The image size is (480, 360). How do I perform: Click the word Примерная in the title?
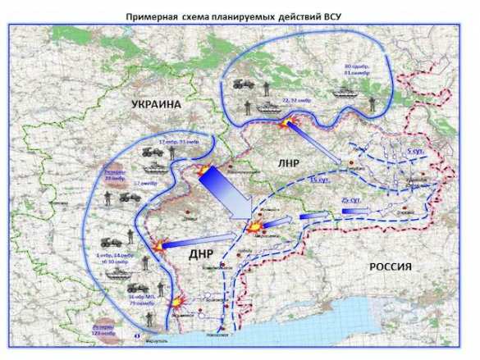[149, 15]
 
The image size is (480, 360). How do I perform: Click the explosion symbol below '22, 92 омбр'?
[286, 122]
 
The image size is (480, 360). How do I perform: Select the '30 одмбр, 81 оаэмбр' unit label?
[359, 71]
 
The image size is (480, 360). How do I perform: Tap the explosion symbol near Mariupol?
[177, 302]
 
